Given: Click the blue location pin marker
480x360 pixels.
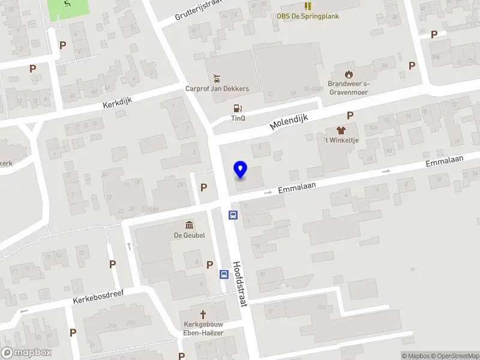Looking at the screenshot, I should point(241,170).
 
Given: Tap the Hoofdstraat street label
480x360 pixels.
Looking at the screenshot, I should point(240,284).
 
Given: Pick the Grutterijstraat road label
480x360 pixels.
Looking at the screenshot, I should point(199,10).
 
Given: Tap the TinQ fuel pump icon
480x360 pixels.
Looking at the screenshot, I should point(238,109).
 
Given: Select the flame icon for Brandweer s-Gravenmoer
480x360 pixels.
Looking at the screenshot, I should point(349,74).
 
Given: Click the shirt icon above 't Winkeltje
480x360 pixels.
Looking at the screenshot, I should point(341,130).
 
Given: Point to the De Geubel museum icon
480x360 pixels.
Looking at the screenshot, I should point(190,225).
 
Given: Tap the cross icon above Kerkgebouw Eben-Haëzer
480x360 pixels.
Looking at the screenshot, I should point(203,314).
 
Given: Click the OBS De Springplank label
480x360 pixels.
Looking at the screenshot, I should point(308,16).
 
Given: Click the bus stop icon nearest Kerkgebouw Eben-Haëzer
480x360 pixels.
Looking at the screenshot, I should point(224,275).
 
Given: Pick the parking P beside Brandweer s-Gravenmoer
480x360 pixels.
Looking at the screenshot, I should point(412,66).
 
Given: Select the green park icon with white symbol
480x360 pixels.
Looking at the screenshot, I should point(67,5).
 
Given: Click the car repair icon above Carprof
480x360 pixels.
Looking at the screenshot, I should point(217,78).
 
